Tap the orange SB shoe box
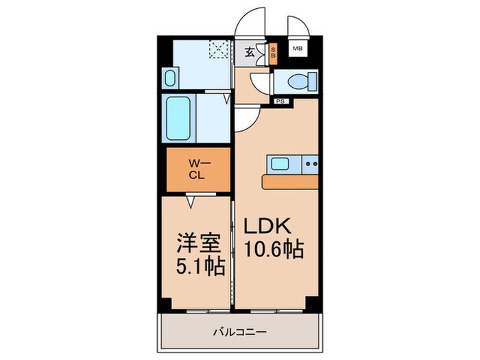coord(273,53)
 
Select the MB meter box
coord(297,49)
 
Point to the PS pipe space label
coord(280,101)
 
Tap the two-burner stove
coord(311,164)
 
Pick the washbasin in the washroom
coord(171,76)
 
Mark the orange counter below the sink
coord(291,182)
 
